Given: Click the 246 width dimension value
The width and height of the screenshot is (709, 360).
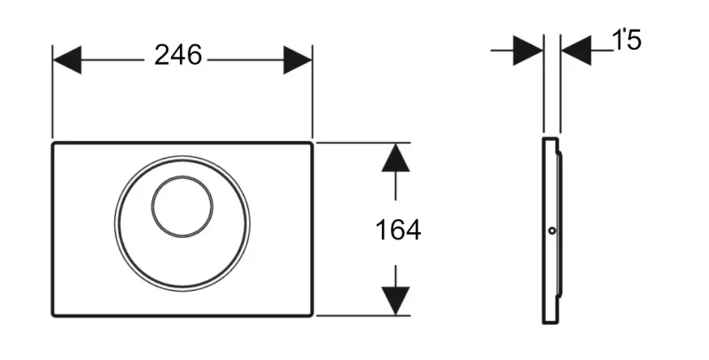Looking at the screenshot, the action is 178,55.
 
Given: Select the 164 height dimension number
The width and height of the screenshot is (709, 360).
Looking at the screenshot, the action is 398,230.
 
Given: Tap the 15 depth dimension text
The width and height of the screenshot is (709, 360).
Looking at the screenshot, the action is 627,40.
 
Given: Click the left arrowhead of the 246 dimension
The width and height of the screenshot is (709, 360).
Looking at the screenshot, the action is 67,59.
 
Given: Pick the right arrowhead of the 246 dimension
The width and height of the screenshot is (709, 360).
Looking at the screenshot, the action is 298,59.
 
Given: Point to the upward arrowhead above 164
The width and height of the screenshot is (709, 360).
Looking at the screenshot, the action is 395,158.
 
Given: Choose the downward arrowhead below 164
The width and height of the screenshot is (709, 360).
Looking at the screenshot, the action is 395,301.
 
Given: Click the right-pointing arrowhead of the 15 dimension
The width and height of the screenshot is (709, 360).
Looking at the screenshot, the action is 528,51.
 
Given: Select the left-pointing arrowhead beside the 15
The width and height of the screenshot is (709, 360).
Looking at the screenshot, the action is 576,51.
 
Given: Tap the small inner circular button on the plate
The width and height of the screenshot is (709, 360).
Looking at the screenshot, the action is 182,176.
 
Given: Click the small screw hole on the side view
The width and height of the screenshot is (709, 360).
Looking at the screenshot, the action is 552,231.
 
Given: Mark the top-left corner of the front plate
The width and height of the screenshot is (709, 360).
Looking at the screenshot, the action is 53,144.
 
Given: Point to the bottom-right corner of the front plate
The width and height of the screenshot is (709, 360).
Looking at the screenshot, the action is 312,316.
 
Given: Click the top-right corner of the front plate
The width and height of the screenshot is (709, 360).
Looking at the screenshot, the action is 312,144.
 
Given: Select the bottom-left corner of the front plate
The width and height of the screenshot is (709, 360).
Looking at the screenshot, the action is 53,316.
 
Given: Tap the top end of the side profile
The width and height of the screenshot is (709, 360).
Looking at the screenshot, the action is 549,138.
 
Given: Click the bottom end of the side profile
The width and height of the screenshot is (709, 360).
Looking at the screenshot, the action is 549,324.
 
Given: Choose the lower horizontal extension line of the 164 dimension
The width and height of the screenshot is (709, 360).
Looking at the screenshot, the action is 363,316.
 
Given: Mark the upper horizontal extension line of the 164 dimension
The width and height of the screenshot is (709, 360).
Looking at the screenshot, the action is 363,143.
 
